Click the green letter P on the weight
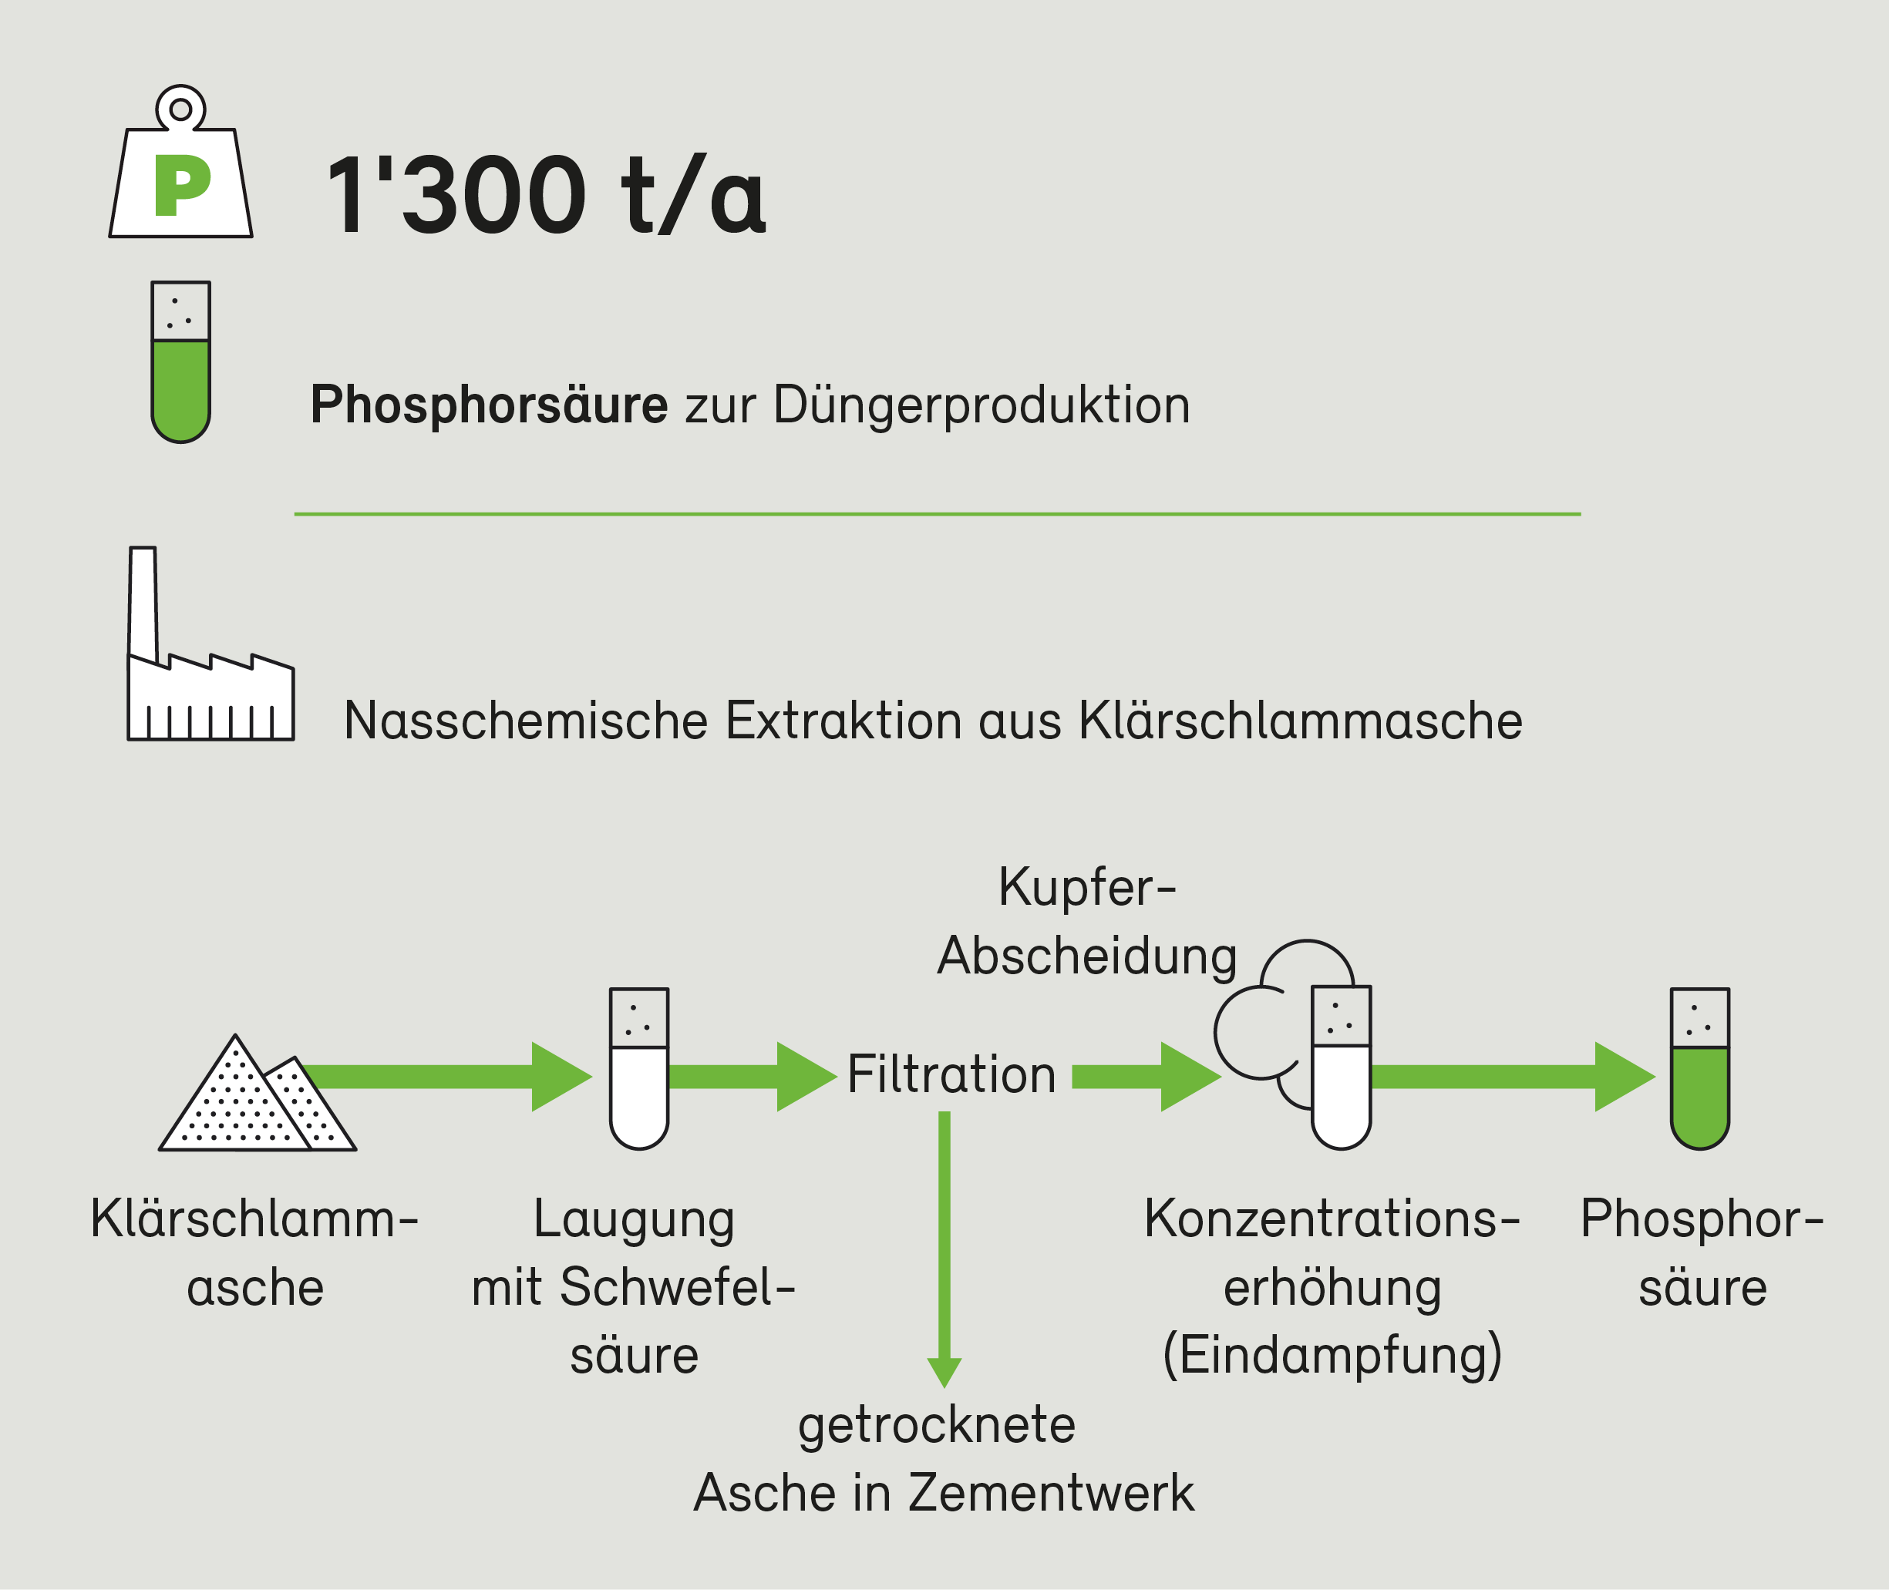pos(181,186)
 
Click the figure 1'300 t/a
pos(546,195)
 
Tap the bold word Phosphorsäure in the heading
pos(489,405)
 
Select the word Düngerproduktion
pos(981,405)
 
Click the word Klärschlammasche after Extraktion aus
pos(1300,721)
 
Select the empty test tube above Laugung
pos(639,1069)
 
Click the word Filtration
pos(951,1075)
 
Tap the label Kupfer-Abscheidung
pos(1086,921)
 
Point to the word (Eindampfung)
pos(1332,1355)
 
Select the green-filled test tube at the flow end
pos(1699,1069)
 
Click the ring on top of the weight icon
pos(180,109)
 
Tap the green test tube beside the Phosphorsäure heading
pos(180,362)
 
